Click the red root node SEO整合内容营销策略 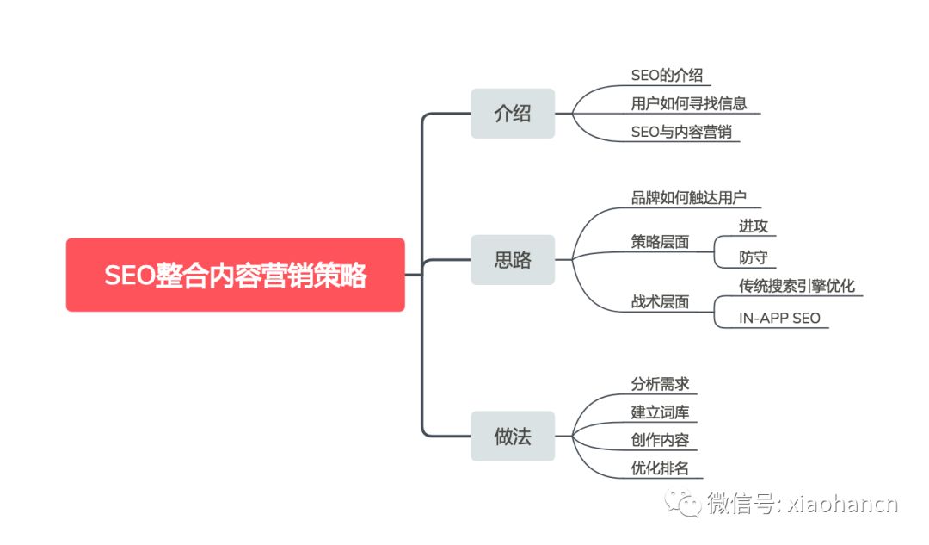(x=235, y=275)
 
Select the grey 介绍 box (x=513, y=113)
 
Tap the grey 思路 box (x=513, y=259)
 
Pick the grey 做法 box (x=513, y=436)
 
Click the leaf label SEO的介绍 (x=667, y=76)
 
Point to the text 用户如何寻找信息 (x=689, y=104)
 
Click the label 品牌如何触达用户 (x=689, y=197)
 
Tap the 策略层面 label (x=660, y=243)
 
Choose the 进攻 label (x=754, y=226)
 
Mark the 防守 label (x=754, y=257)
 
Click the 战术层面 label (x=660, y=302)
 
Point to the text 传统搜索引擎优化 (x=797, y=286)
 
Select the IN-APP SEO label (x=779, y=318)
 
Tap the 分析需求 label (x=660, y=384)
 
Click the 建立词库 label (x=660, y=412)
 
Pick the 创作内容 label (x=660, y=440)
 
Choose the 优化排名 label (x=660, y=468)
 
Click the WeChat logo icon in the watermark (x=687, y=504)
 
